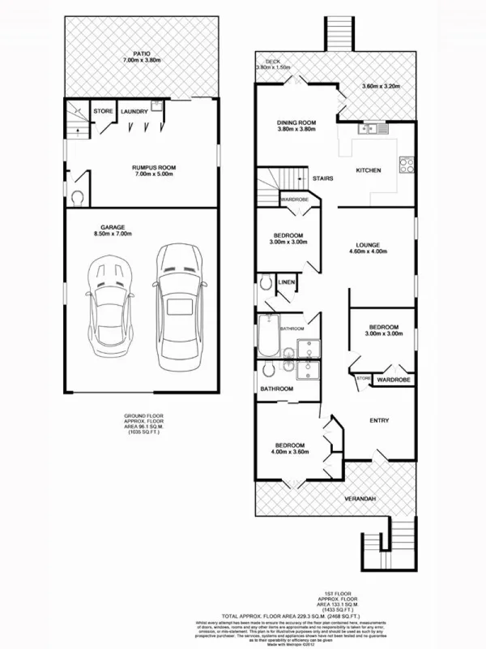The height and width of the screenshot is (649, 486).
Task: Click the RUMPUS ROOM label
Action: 154,168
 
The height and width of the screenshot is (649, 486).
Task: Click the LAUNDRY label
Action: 134,111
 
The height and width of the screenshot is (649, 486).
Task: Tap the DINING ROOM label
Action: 296,122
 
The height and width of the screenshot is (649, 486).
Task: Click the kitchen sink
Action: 375,128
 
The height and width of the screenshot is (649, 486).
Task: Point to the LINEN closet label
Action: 286,282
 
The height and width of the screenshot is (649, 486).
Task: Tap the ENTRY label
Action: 378,420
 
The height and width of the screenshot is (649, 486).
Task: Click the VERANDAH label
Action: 360,497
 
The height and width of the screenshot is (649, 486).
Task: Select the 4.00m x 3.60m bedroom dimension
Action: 289,453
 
